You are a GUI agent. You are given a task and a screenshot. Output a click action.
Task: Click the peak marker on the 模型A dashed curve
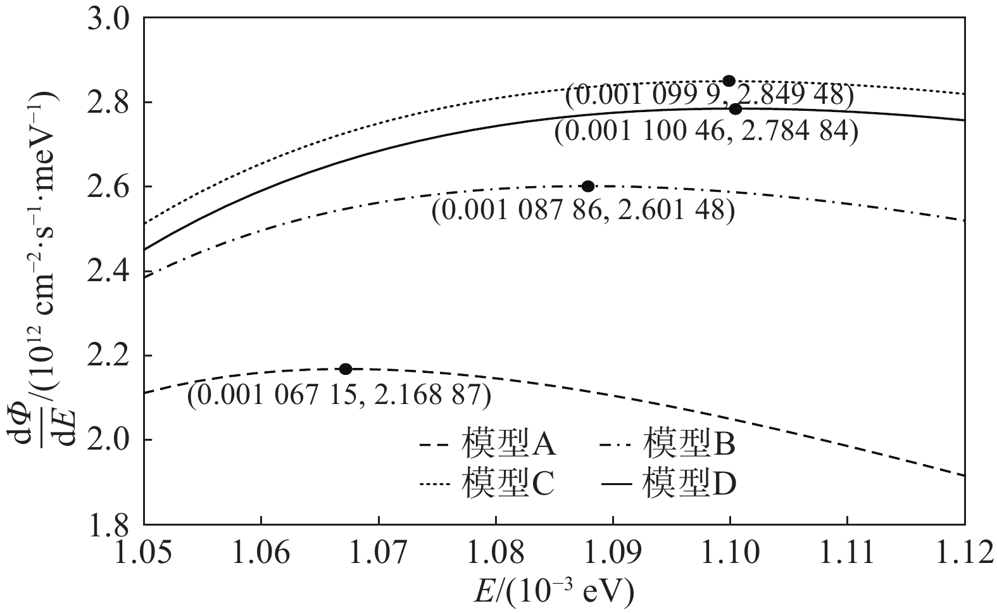(345, 369)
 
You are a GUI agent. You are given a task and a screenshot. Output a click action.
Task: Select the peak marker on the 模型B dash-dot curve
(587, 186)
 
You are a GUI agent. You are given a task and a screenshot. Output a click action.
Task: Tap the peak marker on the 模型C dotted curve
(729, 80)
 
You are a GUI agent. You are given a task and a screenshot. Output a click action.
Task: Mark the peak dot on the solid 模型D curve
(735, 109)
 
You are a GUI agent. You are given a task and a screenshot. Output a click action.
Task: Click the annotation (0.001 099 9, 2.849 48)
(710, 96)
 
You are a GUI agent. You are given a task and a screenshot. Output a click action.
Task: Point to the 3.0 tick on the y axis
(111, 19)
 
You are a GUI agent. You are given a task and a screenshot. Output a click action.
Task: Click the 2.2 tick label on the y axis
(111, 356)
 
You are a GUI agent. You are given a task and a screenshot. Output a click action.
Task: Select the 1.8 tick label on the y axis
(111, 524)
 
